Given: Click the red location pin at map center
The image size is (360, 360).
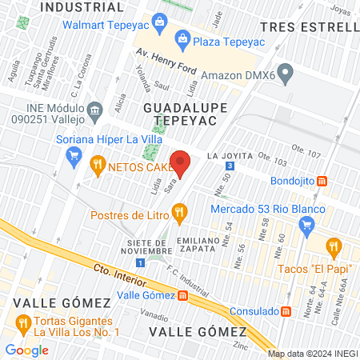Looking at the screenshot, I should click(180, 162).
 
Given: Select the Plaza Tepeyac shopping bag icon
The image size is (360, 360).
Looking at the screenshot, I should click(182, 38).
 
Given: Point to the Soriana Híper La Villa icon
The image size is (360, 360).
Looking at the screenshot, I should click(75, 154).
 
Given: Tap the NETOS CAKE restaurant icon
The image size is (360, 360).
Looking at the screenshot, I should click(98, 166).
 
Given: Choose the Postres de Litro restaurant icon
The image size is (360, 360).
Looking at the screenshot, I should click(179, 213).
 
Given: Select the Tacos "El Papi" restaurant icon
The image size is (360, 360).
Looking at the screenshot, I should click(334, 246).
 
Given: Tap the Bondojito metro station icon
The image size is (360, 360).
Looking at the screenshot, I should click(322, 182).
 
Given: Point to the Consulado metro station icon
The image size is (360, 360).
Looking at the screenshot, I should click(286, 310).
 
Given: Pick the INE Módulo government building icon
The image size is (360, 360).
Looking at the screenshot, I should click(94, 109).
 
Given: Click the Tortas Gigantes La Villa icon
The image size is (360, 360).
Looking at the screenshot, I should click(22, 325).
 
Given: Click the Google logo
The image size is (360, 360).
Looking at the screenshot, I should click(26, 350).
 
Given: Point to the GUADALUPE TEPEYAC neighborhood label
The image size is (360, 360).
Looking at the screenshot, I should click(179, 113).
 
